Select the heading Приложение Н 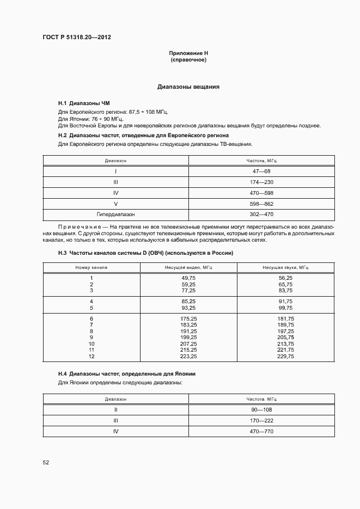[188, 53]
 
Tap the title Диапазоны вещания [188, 87]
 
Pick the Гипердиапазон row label [116, 214]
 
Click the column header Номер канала [91, 267]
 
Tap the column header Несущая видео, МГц [189, 267]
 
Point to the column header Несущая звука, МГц [285, 267]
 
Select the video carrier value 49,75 [189, 278]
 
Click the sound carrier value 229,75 [285, 356]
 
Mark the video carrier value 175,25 [189, 318]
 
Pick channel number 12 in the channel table [91, 356]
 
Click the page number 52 [46, 462]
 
